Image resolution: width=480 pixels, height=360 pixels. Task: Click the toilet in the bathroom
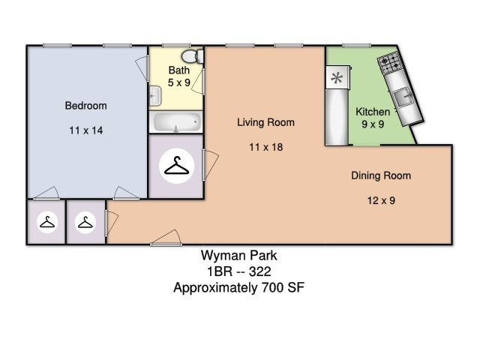(192, 56)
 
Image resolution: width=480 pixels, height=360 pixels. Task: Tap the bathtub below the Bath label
(175, 122)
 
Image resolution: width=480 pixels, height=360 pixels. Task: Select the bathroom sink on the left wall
(155, 96)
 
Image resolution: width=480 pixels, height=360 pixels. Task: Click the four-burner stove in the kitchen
(389, 63)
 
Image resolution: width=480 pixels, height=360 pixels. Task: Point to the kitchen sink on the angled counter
(403, 97)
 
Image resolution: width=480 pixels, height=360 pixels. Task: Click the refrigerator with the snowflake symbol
(337, 77)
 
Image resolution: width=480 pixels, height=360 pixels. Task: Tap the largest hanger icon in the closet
(176, 166)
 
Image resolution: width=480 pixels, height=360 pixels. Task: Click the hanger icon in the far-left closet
(47, 222)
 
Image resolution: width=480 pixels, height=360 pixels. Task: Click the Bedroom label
(85, 106)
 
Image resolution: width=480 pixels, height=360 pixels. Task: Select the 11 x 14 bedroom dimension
(86, 130)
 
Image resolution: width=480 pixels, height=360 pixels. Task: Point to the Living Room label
(265, 122)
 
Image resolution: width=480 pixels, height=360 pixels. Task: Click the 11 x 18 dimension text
(265, 147)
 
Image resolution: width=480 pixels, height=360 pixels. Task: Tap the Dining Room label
(381, 175)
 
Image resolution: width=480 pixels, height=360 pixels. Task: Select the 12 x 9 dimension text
(381, 200)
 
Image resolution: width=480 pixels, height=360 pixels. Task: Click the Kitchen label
(373, 112)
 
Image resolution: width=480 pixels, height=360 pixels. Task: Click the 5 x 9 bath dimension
(179, 82)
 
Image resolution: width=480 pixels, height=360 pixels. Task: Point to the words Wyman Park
(239, 256)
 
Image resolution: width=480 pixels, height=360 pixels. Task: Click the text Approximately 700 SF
(238, 288)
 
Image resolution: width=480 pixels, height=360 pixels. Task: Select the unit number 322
(260, 271)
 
